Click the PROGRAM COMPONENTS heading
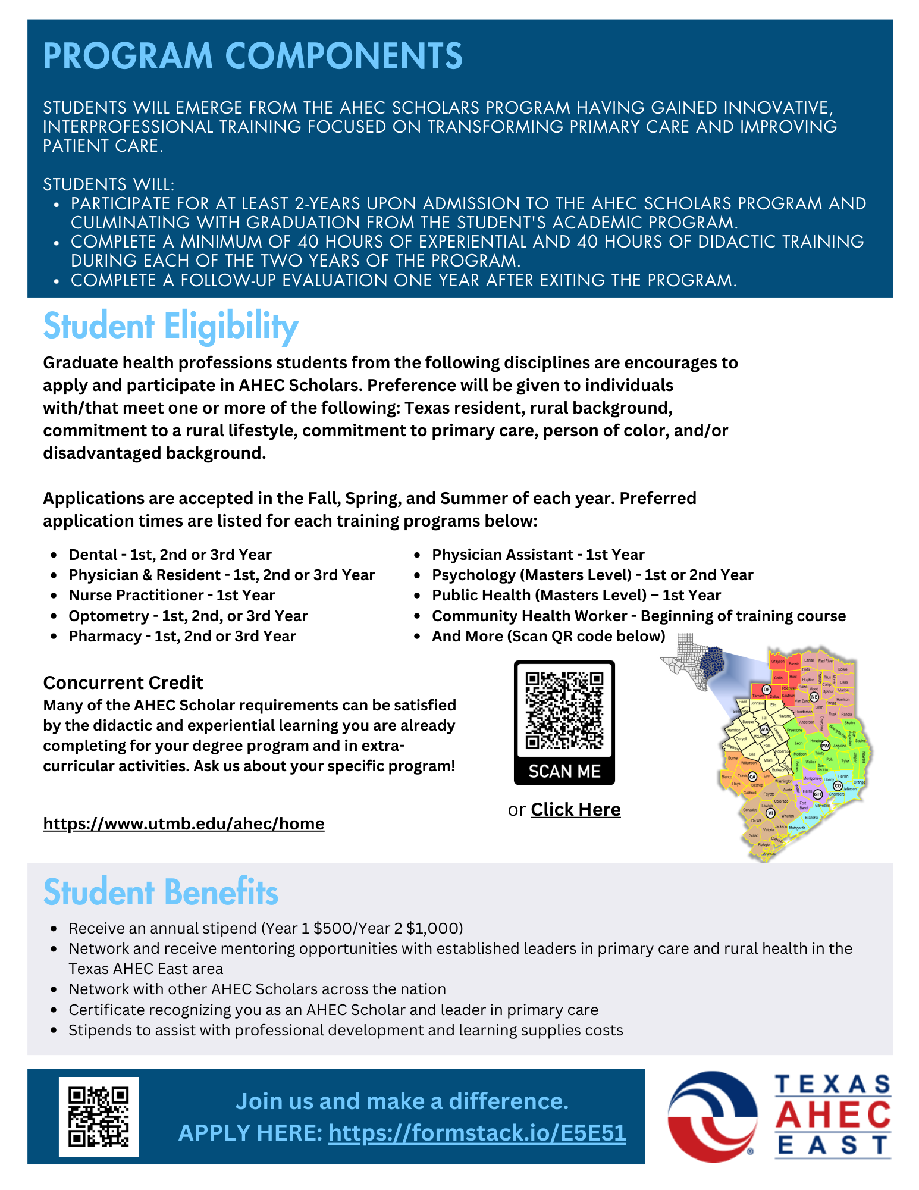253,56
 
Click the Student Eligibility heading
171,327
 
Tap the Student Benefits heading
161,892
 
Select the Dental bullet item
170,555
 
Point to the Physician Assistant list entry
538,555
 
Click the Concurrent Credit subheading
123,682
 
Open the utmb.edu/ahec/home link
184,823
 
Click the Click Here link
575,810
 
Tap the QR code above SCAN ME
564,710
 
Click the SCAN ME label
564,771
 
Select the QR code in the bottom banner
99,1116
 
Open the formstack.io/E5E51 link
477,1132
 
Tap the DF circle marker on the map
767,689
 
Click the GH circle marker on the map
817,794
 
